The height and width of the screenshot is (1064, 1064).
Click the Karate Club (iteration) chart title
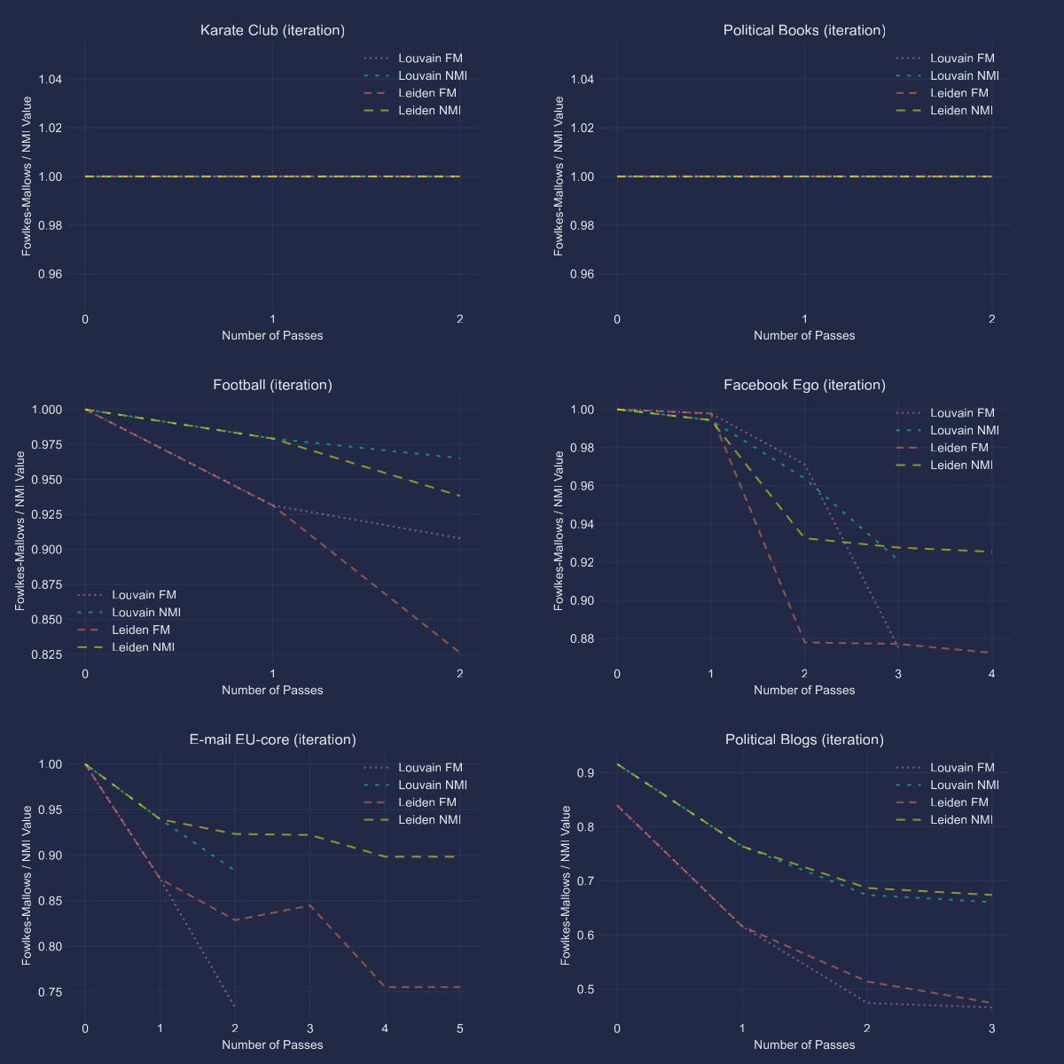pyautogui.click(x=272, y=30)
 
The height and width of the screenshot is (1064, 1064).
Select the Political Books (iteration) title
pyautogui.click(x=804, y=30)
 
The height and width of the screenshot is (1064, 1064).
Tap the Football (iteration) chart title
pyautogui.click(x=272, y=385)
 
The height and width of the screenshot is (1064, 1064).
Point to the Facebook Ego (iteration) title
pyautogui.click(x=804, y=385)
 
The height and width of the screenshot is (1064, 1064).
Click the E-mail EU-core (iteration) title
pyautogui.click(x=272, y=739)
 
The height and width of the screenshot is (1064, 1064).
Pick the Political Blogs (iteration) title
pyautogui.click(x=804, y=739)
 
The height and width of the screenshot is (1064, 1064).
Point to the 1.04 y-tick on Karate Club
pyautogui.click(x=51, y=80)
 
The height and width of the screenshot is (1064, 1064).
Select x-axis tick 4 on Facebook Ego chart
pyautogui.click(x=991, y=674)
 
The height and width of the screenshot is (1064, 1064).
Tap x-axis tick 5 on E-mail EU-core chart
pyautogui.click(x=459, y=1029)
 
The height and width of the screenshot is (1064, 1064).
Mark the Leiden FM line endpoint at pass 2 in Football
pyautogui.click(x=459, y=653)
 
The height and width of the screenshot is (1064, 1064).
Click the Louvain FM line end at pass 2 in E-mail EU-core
pyautogui.click(x=235, y=1006)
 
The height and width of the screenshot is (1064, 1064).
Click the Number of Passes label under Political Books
pyautogui.click(x=804, y=335)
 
